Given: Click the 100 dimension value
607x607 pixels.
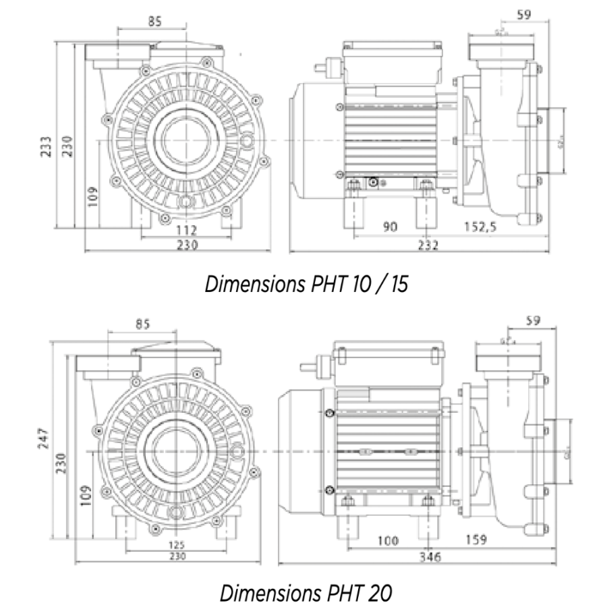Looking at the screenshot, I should pyautogui.click(x=388, y=540).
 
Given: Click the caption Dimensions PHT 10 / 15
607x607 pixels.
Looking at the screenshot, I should pyautogui.click(x=308, y=284).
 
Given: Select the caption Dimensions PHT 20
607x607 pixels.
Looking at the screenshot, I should pyautogui.click(x=307, y=593).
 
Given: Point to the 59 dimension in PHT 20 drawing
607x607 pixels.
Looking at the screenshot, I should pyautogui.click(x=532, y=322).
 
